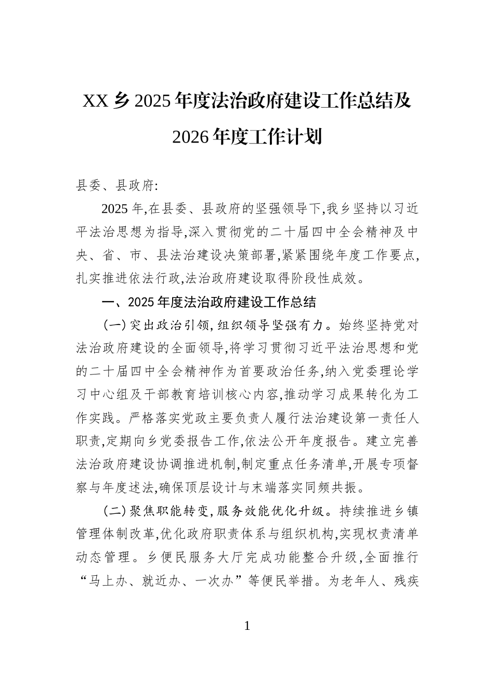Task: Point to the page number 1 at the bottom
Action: pyautogui.click(x=247, y=626)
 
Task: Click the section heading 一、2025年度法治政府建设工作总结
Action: pyautogui.click(x=208, y=302)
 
